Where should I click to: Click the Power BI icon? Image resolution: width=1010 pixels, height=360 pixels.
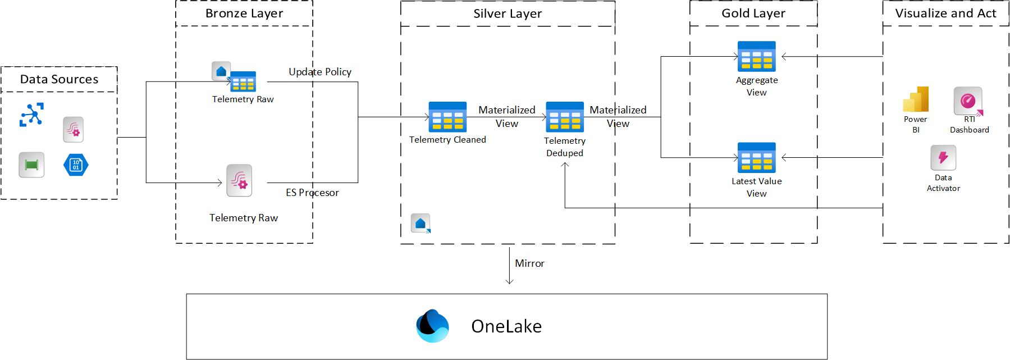point(916,99)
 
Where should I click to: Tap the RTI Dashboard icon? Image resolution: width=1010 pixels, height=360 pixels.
point(968,101)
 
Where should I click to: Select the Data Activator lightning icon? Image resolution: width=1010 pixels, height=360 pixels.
point(943,158)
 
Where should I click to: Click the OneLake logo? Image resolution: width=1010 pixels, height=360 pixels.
point(432,326)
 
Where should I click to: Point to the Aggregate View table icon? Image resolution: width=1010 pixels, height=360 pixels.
point(756,56)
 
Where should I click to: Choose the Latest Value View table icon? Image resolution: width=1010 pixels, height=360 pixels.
point(756,157)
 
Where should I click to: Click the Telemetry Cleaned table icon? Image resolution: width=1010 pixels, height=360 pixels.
point(447,117)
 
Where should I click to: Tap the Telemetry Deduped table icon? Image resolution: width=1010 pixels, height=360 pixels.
point(565,117)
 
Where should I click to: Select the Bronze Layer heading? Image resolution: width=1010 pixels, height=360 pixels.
point(244,13)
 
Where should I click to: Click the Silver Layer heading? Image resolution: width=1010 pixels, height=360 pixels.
point(508,13)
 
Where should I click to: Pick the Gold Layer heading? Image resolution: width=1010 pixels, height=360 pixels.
point(753,13)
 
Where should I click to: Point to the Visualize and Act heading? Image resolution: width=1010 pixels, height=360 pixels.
point(945,13)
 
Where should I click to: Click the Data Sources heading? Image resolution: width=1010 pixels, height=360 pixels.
point(59,79)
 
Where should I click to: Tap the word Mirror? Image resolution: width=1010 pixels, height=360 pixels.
point(529,263)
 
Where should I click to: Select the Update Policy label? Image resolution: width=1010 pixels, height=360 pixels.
point(320,72)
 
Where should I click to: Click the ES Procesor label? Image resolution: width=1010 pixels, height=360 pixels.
point(312,193)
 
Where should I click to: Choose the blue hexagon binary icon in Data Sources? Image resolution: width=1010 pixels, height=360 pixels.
point(76,165)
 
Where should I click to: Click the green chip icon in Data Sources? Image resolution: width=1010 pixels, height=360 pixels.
point(31,165)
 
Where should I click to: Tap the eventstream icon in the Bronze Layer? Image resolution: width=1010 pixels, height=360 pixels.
point(239,180)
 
